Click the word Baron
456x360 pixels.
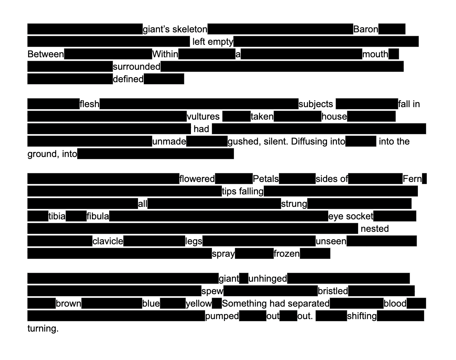click(366, 29)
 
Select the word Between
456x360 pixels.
click(46, 54)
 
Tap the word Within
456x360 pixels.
click(165, 54)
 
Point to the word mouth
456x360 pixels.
click(375, 54)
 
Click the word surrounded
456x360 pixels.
click(136, 67)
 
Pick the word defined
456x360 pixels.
click(128, 79)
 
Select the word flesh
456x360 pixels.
click(89, 104)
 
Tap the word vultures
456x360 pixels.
click(203, 116)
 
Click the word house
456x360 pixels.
click(334, 116)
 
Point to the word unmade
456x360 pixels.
click(169, 141)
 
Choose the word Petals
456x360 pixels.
click(266, 179)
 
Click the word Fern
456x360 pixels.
click(412, 179)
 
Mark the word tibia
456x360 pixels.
click(57, 216)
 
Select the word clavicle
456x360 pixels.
click(108, 241)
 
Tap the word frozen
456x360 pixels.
click(286, 254)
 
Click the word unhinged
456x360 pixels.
click(268, 279)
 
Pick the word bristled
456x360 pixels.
click(333, 291)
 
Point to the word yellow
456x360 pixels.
click(199, 304)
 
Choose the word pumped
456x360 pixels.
click(222, 316)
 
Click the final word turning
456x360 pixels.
click(43, 328)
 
